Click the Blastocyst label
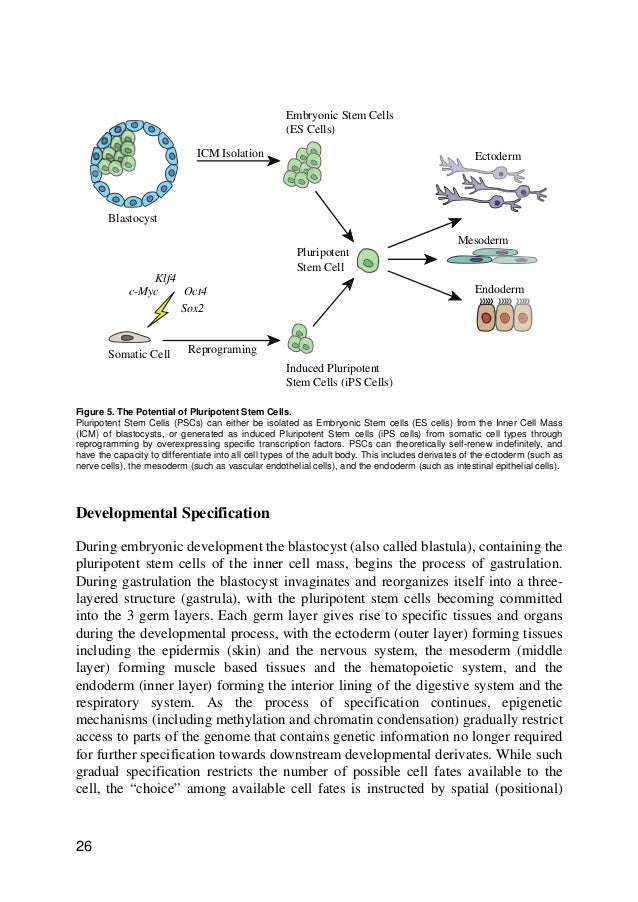click(x=134, y=218)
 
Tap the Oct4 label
click(x=196, y=292)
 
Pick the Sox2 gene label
click(x=192, y=309)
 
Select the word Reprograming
click(x=222, y=351)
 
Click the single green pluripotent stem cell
click(x=369, y=262)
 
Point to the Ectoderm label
click(x=498, y=158)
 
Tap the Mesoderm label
click(x=483, y=241)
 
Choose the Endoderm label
click(x=499, y=289)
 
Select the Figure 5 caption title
click(x=176, y=411)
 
